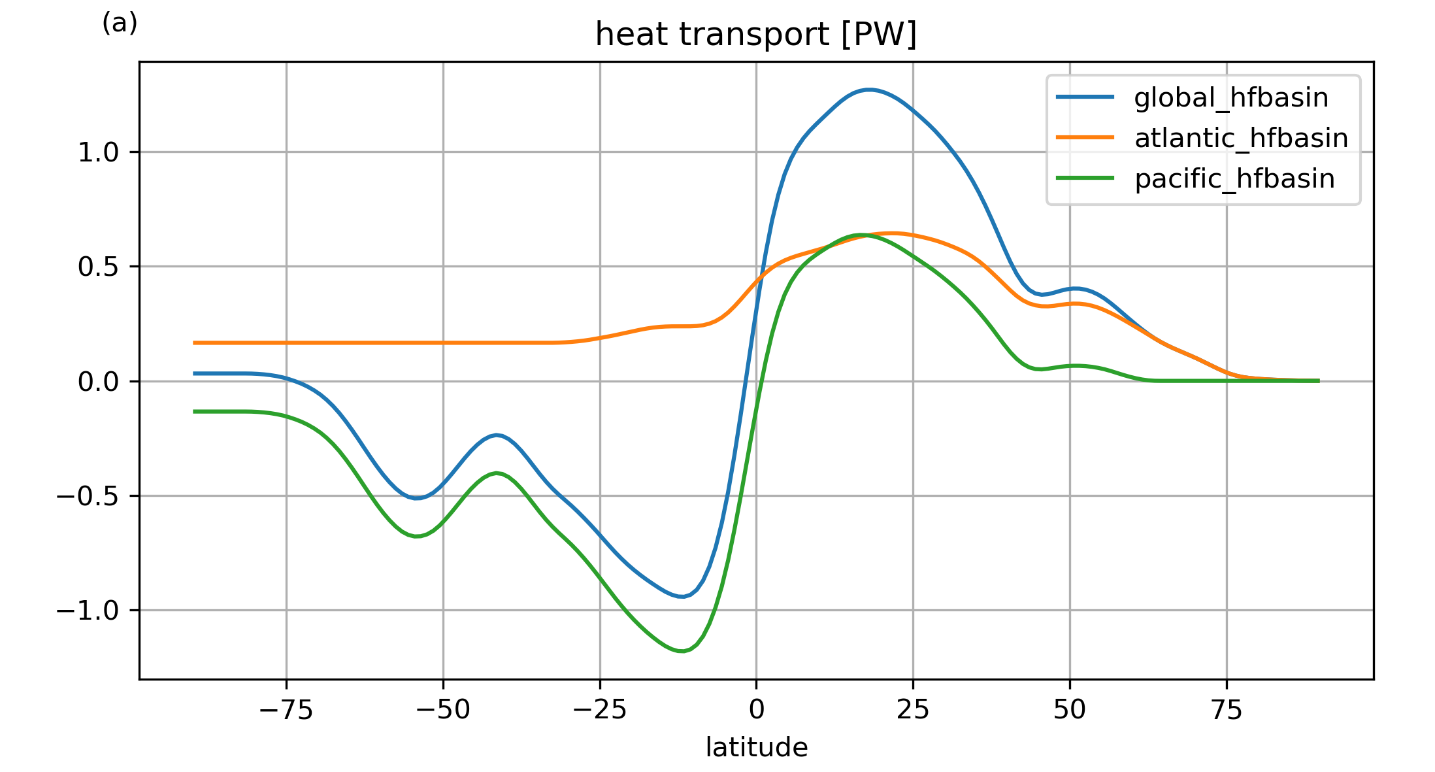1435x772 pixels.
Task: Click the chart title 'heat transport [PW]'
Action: tap(755, 35)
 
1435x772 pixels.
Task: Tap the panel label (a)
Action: tap(120, 24)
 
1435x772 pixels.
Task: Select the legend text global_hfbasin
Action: tap(1231, 98)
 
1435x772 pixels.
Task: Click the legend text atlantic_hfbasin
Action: tap(1241, 139)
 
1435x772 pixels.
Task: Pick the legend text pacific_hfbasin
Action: tap(1234, 179)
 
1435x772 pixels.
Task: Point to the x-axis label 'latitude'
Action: tap(756, 747)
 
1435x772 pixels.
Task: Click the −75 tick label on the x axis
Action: tap(286, 710)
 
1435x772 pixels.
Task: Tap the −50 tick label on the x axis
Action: tap(443, 710)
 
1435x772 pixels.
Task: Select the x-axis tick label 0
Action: tap(756, 710)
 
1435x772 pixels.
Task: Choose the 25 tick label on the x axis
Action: tap(913, 710)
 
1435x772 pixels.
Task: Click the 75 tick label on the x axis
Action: tap(1227, 710)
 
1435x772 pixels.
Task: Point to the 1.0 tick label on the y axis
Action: tap(99, 153)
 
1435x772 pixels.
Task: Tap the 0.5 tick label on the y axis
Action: tap(99, 267)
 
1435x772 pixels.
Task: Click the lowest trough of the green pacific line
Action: tap(681, 651)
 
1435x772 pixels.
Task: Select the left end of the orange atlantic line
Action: tap(194, 343)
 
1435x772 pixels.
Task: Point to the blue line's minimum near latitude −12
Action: tap(681, 596)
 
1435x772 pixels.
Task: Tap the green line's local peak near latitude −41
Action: tap(497, 473)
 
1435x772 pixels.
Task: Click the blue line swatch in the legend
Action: tap(1085, 97)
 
